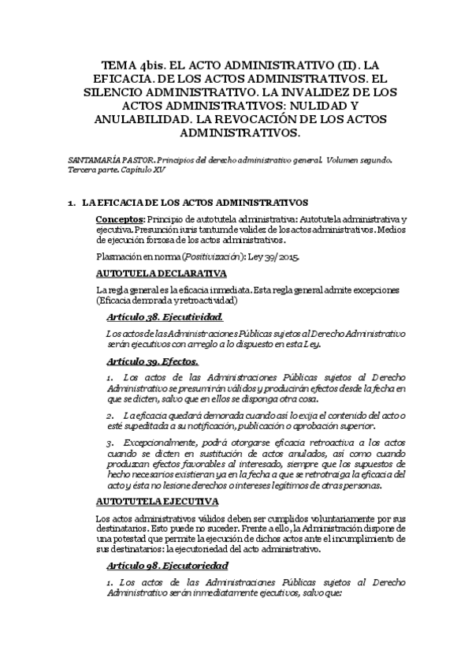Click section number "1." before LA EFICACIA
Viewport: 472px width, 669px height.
click(72, 203)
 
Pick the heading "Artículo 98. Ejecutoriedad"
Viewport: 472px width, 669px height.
click(167, 566)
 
